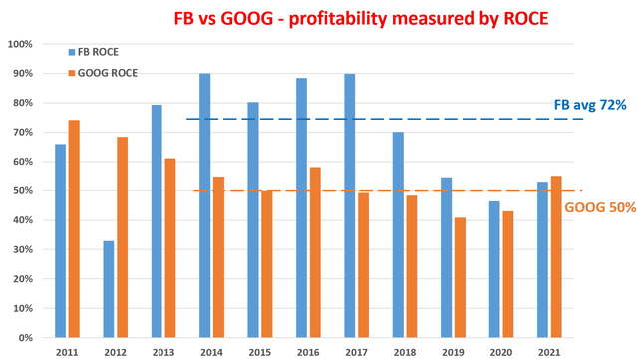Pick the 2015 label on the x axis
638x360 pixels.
260,350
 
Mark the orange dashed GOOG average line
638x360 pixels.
379,191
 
